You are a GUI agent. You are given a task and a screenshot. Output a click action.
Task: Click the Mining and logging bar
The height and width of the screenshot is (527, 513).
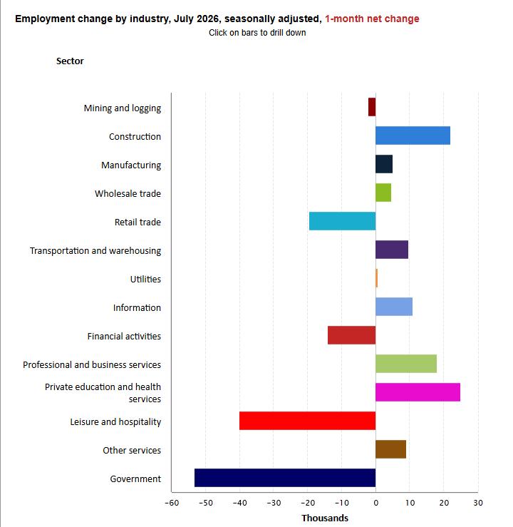pos(372,107)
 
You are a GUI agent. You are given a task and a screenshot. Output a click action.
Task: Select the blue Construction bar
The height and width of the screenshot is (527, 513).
pos(413,135)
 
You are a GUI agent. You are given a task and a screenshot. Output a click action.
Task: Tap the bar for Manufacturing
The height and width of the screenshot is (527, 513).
pos(384,164)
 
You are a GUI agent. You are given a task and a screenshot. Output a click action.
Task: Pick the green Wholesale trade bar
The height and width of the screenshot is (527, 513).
pos(383,193)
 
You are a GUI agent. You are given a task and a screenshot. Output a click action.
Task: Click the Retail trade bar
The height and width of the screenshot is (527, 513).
pos(343,221)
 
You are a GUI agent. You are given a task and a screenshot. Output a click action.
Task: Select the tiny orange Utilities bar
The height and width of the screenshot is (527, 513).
pos(377,278)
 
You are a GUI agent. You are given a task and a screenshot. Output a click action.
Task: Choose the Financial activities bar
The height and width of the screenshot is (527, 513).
pos(352,335)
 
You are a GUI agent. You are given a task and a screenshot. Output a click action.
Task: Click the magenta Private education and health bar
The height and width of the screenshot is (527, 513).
pos(418,392)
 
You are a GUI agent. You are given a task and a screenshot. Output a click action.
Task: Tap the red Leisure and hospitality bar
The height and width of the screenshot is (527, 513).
pos(308,421)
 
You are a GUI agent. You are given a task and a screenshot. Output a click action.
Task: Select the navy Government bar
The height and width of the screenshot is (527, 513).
pos(285,478)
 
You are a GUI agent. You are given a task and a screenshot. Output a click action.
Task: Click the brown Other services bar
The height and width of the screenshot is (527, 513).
pos(390,449)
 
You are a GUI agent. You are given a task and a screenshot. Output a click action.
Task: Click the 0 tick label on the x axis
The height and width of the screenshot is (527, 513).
pos(376,503)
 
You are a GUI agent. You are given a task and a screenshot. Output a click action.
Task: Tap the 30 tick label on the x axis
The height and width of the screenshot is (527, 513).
pos(478,503)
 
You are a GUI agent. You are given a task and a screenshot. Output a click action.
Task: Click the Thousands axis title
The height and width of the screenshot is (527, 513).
pos(325,518)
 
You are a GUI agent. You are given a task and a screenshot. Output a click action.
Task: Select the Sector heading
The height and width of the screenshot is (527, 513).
pos(70,61)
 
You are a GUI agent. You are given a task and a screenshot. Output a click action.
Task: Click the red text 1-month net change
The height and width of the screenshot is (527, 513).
pos(372,19)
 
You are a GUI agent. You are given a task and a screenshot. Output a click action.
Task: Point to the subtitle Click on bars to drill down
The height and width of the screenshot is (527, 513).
pos(257,33)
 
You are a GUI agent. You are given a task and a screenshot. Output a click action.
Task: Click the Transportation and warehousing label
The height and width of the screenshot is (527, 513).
pos(95,251)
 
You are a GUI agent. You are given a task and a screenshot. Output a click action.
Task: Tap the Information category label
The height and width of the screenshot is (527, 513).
pos(137,307)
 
